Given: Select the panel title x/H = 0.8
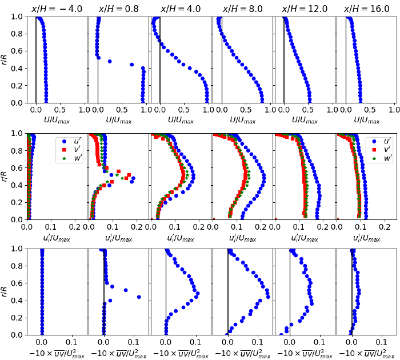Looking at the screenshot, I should [119, 9].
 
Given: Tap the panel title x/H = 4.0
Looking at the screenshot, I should [181, 9].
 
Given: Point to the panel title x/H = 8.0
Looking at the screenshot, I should [243, 9].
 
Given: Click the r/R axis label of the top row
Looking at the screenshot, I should [5, 59].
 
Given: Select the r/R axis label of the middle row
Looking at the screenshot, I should [5, 176].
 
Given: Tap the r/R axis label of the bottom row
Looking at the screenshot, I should [5, 291].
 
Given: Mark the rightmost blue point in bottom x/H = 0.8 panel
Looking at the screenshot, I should [139, 297].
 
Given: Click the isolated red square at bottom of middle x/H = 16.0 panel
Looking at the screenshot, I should [337, 219].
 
